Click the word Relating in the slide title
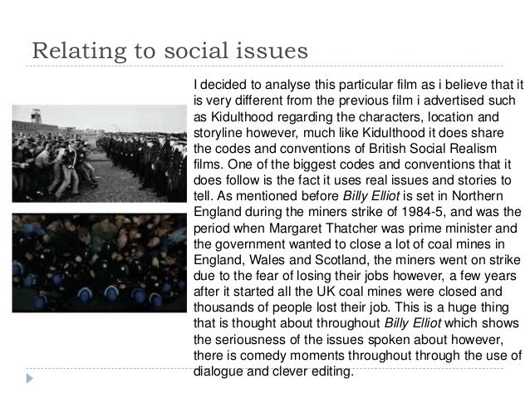tap(69, 49)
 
